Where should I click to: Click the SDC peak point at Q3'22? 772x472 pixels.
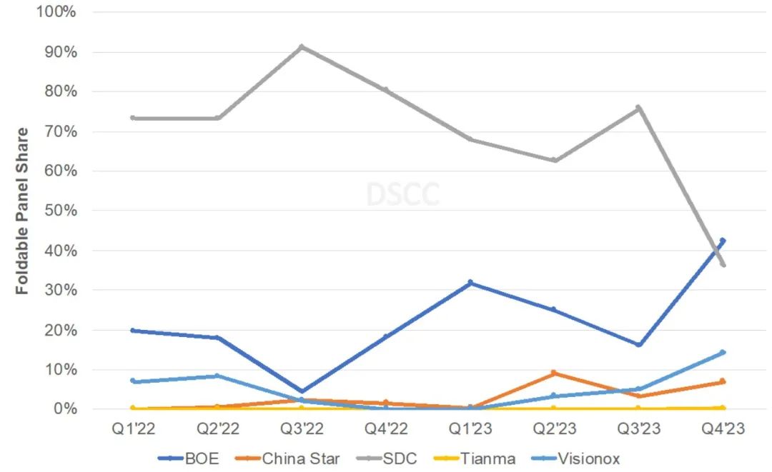(302, 47)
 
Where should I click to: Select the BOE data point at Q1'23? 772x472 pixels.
(470, 283)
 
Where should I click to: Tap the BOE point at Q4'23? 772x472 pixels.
(722, 241)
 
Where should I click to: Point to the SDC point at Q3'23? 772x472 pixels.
(638, 108)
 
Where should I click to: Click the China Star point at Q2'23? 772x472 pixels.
(554, 373)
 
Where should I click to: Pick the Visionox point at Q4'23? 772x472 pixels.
(722, 353)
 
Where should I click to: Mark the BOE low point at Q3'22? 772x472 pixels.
(302, 392)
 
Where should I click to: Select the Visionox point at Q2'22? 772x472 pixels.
(217, 376)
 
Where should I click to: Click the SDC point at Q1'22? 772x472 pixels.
(133, 118)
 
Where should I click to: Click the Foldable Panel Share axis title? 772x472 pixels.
(23, 211)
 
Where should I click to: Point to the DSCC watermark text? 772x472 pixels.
(402, 194)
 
